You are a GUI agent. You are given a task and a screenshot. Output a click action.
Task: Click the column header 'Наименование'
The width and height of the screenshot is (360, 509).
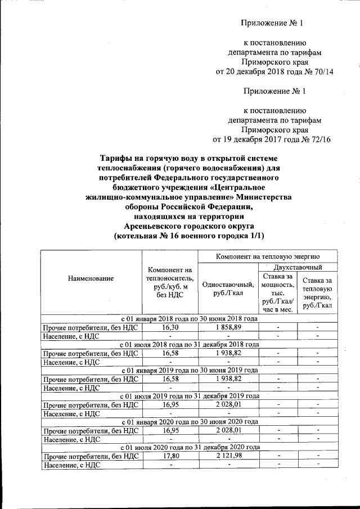pos(91,278)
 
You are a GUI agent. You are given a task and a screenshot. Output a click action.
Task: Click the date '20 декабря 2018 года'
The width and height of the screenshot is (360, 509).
pos(256,72)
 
